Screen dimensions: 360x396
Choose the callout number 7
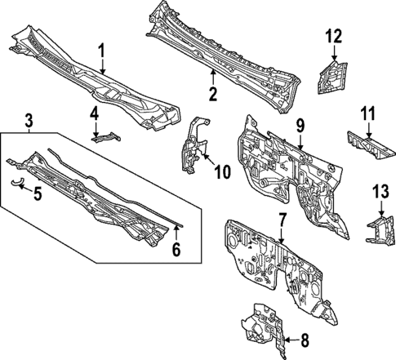click(x=282, y=220)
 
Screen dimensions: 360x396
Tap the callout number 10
click(x=222, y=171)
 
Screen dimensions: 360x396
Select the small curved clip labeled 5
click(x=16, y=182)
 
